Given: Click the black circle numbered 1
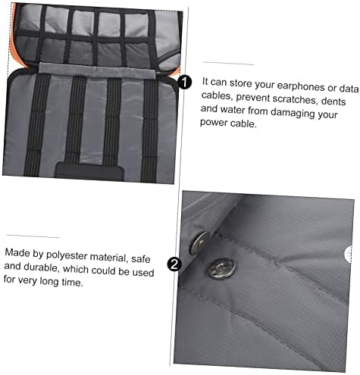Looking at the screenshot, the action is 184,83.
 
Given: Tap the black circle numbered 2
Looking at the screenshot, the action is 174,264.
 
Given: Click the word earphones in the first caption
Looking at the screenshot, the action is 301,86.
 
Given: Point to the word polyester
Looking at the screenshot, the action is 67,255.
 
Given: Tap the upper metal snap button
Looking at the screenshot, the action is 199,242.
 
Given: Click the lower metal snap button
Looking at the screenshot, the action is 221,268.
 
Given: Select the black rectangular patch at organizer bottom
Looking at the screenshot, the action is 89,171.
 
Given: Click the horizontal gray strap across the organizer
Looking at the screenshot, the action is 97,70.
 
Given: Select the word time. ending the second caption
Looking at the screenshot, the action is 72,282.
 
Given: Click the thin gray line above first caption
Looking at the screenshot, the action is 229,64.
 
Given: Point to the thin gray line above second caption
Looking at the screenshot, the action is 33,236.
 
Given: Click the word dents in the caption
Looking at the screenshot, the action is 333,102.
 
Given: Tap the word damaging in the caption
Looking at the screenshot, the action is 293,113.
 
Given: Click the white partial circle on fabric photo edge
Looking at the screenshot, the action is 350,254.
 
